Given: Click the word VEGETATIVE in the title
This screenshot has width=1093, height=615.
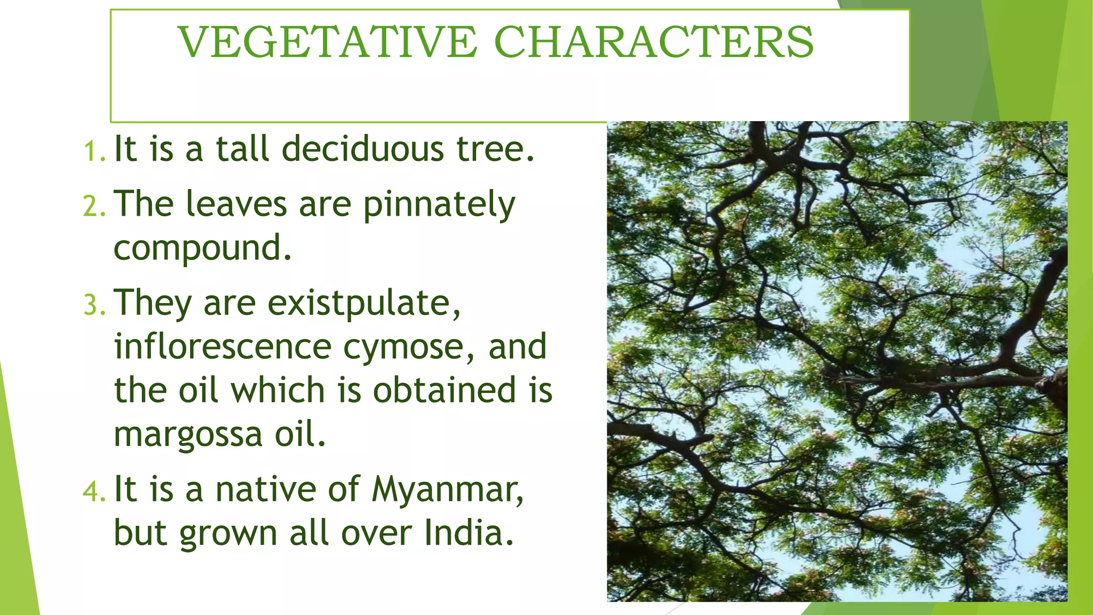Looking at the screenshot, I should click(x=327, y=42).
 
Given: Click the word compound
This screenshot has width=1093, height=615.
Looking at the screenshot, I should click(x=202, y=249).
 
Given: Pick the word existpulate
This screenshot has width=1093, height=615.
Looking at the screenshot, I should click(x=363, y=303).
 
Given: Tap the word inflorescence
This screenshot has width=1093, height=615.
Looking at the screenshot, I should click(x=223, y=346).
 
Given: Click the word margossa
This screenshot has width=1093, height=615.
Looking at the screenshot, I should click(x=188, y=436).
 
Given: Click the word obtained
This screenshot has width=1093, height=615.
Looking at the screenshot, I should click(x=444, y=390).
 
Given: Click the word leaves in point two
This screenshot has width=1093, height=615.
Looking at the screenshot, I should click(x=236, y=204).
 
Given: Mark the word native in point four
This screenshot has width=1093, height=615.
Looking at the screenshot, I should click(x=265, y=489).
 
